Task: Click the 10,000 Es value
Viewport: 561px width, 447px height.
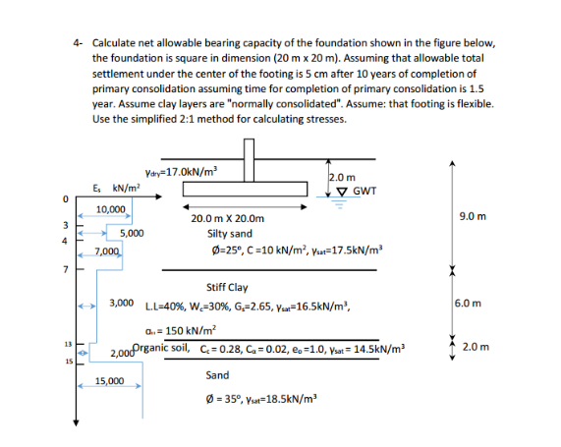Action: tap(110, 209)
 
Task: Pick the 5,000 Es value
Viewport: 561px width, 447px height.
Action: tap(132, 233)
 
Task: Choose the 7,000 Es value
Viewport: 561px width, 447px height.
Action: tap(106, 252)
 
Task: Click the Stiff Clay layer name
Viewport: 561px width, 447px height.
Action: tap(226, 287)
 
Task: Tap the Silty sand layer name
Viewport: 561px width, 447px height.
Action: tap(229, 234)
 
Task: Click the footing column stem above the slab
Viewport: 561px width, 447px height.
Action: tap(250, 153)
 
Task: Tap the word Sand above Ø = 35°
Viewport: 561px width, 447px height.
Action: tap(217, 375)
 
